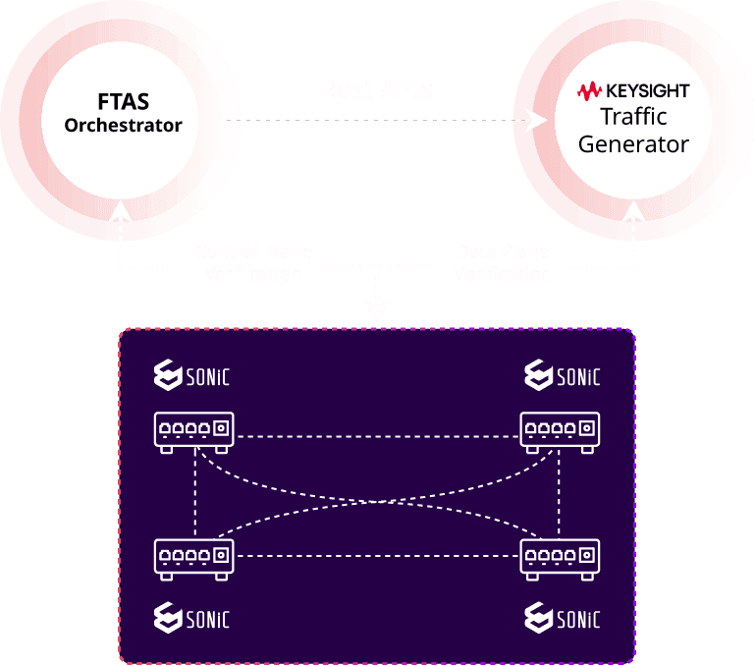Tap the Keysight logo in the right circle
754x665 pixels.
pyautogui.click(x=633, y=91)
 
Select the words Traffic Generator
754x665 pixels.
pyautogui.click(x=633, y=131)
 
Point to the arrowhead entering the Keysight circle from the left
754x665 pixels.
pyautogui.click(x=536, y=121)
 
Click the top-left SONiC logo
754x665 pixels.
pyautogui.click(x=193, y=375)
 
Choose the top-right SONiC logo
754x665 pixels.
pyautogui.click(x=562, y=375)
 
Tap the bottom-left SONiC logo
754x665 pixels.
pyautogui.click(x=193, y=617)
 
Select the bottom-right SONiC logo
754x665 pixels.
pyautogui.click(x=562, y=617)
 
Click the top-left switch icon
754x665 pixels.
pyautogui.click(x=194, y=431)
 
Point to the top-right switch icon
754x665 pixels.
pyautogui.click(x=561, y=431)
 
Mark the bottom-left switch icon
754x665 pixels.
pyautogui.click(x=194, y=557)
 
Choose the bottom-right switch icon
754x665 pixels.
pyautogui.click(x=561, y=557)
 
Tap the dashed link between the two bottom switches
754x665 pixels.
pyautogui.click(x=377, y=557)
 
